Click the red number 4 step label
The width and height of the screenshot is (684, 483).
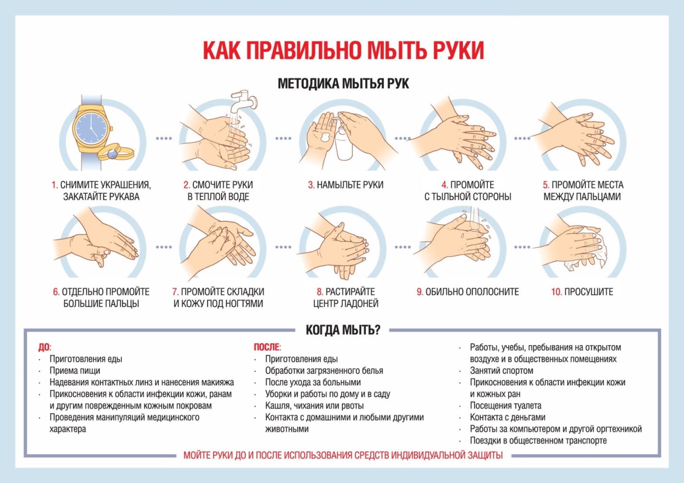[445, 185]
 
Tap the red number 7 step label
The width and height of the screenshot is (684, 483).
[175, 292]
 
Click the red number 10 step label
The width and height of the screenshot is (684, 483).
[556, 292]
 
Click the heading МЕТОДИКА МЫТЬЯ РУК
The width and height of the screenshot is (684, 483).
[343, 83]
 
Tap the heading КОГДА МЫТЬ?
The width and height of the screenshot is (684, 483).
[343, 330]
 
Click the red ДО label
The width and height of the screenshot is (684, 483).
[45, 347]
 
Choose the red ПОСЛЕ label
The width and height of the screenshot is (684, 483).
[267, 347]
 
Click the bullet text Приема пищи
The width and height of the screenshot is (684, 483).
[75, 371]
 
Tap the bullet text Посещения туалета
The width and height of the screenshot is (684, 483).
[506, 406]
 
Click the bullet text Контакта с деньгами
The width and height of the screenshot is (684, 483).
[507, 417]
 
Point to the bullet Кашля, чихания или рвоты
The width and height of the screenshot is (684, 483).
[314, 406]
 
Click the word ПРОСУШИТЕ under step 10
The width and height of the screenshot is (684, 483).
[589, 292]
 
